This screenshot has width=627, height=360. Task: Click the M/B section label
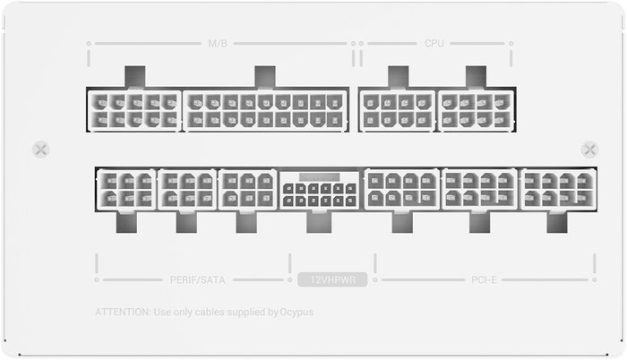click(218, 43)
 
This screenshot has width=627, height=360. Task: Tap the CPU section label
click(434, 43)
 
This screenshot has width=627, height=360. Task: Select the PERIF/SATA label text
click(198, 279)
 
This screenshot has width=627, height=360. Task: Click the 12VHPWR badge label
click(332, 279)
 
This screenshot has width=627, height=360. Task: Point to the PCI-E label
click(484, 279)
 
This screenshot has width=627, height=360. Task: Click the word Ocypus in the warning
click(296, 312)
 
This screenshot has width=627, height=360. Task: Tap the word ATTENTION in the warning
click(123, 312)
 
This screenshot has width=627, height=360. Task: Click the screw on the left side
click(41, 150)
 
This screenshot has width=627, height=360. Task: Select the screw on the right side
click(589, 150)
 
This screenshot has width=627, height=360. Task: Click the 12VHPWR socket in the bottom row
click(320, 190)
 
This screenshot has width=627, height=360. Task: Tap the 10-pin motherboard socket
click(134, 110)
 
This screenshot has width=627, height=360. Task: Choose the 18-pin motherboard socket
click(265, 110)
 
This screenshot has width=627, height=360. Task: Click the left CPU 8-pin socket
click(397, 110)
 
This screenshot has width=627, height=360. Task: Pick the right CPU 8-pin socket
click(476, 110)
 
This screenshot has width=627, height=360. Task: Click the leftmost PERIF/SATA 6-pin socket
click(126, 190)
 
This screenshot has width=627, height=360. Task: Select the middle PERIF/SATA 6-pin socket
click(187, 190)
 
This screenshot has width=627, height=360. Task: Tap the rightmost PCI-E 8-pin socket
click(559, 190)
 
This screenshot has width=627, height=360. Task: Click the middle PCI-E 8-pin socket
click(479, 190)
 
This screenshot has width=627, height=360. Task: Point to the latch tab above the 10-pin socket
click(135, 77)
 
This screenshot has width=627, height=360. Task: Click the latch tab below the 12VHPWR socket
click(319, 221)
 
